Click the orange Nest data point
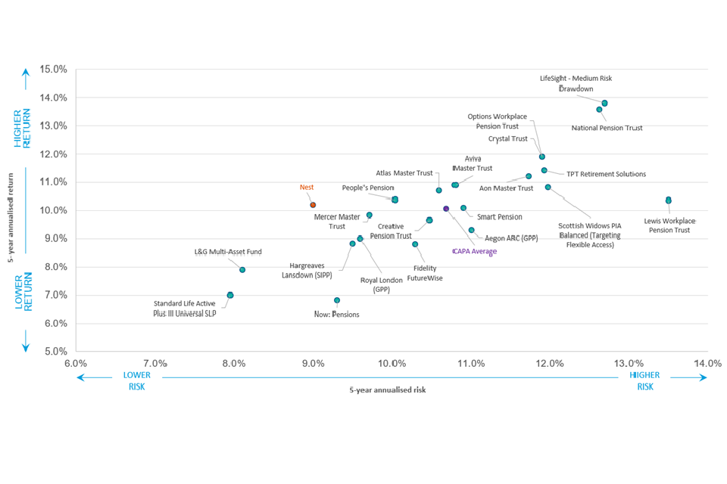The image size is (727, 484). click(313, 205)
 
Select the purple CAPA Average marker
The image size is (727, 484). click(446, 209)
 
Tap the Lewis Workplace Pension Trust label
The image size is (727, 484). click(669, 225)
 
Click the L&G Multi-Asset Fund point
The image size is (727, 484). click(242, 270)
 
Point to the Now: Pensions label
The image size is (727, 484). click(337, 314)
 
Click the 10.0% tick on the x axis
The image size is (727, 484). click(392, 364)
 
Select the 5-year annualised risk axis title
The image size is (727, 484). click(388, 390)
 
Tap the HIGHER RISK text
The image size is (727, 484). click(644, 380)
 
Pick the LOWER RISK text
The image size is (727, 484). click(136, 380)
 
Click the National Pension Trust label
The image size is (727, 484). click(607, 129)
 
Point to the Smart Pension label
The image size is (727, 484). click(499, 217)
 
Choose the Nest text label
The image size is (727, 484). click(307, 188)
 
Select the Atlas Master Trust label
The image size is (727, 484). click(404, 173)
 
